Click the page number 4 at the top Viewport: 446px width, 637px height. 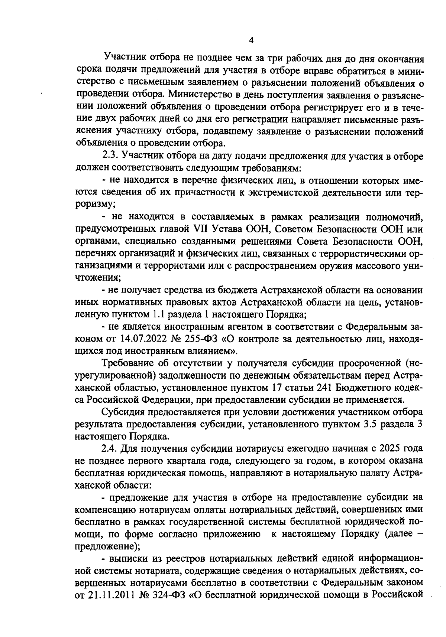pyautogui.click(x=251, y=40)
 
